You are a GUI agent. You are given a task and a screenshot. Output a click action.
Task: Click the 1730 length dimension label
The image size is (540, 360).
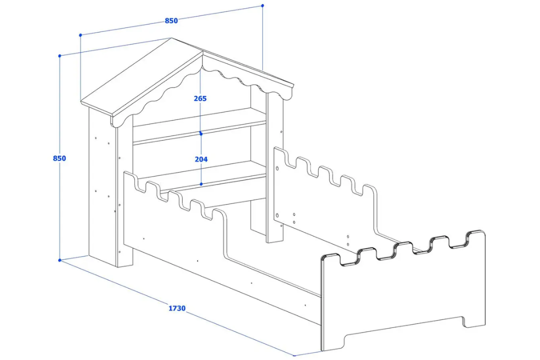pyautogui.click(x=176, y=308)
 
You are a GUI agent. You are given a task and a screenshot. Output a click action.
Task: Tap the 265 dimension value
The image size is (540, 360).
pyautogui.click(x=200, y=98)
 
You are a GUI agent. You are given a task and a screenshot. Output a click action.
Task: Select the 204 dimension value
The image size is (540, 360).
pyautogui.click(x=200, y=159)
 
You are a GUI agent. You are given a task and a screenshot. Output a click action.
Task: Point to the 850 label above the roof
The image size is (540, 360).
pyautogui.click(x=171, y=20)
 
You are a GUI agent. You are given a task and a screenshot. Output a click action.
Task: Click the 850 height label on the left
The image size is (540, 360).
pyautogui.click(x=59, y=158)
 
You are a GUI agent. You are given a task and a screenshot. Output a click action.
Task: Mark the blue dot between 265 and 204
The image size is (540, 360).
pyautogui.click(x=201, y=134)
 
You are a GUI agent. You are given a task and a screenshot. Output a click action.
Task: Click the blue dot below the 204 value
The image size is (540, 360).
pyautogui.click(x=201, y=184)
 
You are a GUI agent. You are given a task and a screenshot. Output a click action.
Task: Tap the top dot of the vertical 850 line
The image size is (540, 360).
pyautogui.click(x=60, y=55)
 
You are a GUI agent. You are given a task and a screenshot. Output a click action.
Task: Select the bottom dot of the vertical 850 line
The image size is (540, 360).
pyautogui.click(x=60, y=260)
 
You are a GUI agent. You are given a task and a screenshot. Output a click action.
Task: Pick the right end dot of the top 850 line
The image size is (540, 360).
pyautogui.click(x=262, y=5)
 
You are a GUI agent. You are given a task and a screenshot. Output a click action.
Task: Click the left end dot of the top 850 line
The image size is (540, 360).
pyautogui.click(x=80, y=35)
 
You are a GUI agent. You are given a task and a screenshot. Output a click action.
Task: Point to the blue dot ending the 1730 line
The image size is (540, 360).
pyautogui.click(x=294, y=356)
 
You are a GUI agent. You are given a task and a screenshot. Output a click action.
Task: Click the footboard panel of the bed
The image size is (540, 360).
pyautogui.click(x=400, y=295)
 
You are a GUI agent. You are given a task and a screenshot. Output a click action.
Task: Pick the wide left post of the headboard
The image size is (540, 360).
pyautogui.click(x=102, y=190)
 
